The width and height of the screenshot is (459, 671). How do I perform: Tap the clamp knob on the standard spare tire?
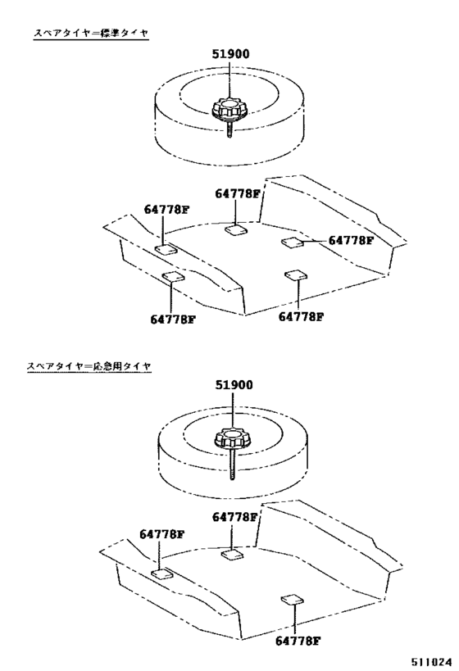pos(229,109)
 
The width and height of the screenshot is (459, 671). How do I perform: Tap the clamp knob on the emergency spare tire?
pos(230,439)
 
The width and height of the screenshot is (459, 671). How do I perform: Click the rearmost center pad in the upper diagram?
pos(236,230)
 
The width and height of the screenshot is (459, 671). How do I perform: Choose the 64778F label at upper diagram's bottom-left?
pos(173,319)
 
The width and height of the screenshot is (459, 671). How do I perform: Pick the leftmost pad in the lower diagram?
pos(162,573)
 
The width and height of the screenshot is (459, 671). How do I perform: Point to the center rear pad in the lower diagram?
pos(232,555)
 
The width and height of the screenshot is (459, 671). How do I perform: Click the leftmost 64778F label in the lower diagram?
pos(161,533)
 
